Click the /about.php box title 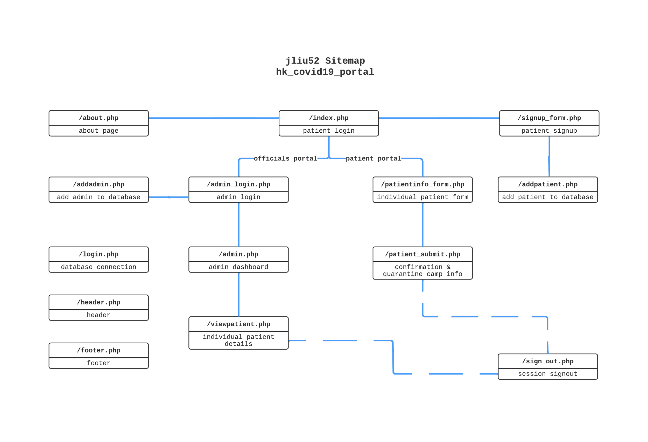coord(98,118)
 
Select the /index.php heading coord(328,118)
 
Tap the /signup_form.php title coord(549,118)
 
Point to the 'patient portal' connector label coord(373,158)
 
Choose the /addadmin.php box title coord(98,184)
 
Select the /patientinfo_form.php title coord(422,184)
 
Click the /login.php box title coord(98,254)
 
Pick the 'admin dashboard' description coord(238,267)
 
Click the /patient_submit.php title coord(422,254)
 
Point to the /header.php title coord(98,302)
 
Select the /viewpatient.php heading coord(238,324)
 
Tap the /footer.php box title coord(98,350)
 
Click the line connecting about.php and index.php coord(214,118)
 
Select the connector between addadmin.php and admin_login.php coord(168,197)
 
